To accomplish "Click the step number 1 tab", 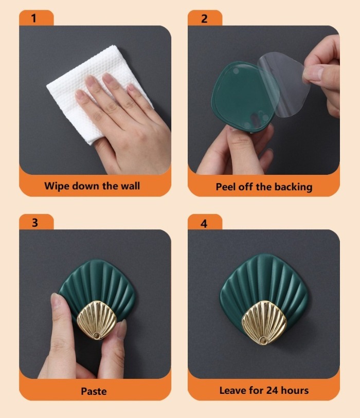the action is [x=37, y=18].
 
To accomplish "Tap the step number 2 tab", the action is [x=205, y=18].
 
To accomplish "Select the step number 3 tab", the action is [x=37, y=222].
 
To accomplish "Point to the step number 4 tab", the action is [x=205, y=222].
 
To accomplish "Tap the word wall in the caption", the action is [x=130, y=186].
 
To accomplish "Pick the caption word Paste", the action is [x=94, y=391].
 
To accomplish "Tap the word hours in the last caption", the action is [x=295, y=391].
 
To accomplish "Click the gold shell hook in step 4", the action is [x=264, y=322].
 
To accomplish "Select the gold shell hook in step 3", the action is [x=97, y=320].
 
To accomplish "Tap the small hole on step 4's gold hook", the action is [x=263, y=340].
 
